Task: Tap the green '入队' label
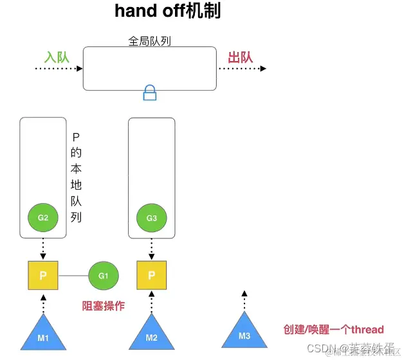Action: [x=56, y=57]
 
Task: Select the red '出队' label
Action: [x=241, y=57]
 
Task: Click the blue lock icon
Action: [x=150, y=94]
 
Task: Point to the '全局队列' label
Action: [x=149, y=41]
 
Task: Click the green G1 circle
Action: [x=104, y=276]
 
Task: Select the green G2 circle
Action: [x=43, y=217]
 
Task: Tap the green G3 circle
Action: [x=152, y=218]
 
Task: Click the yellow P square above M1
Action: [x=43, y=275]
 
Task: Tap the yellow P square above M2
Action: [x=152, y=275]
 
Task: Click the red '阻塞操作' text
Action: [x=104, y=307]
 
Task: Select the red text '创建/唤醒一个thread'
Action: [x=333, y=329]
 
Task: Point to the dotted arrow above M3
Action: [x=244, y=300]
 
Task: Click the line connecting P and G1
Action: [x=74, y=276]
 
